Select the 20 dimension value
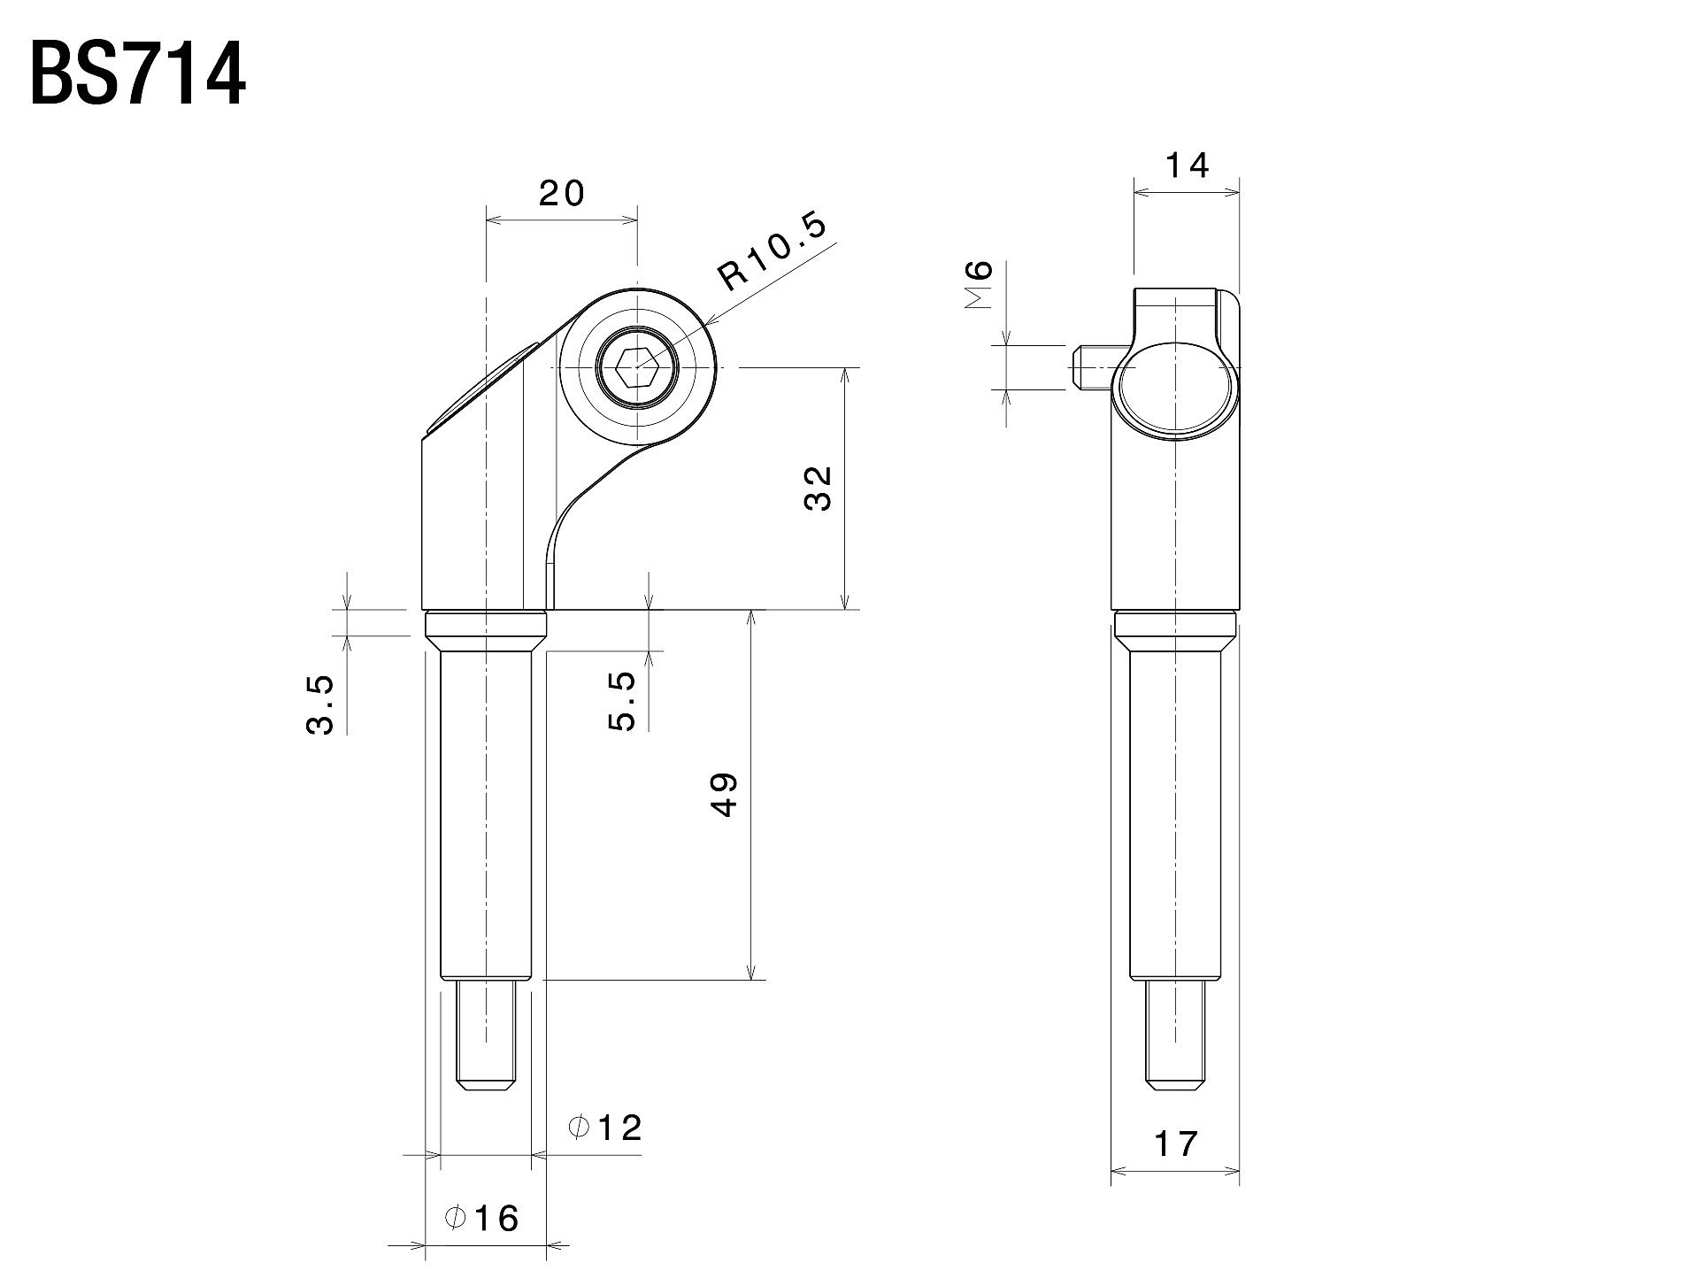(563, 193)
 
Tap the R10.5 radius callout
(773, 250)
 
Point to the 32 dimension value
(819, 488)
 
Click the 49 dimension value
(724, 795)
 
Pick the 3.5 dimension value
(320, 705)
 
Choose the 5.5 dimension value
(622, 700)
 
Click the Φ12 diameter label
(605, 1128)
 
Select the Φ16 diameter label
(482, 1219)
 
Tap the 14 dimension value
(1187, 166)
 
